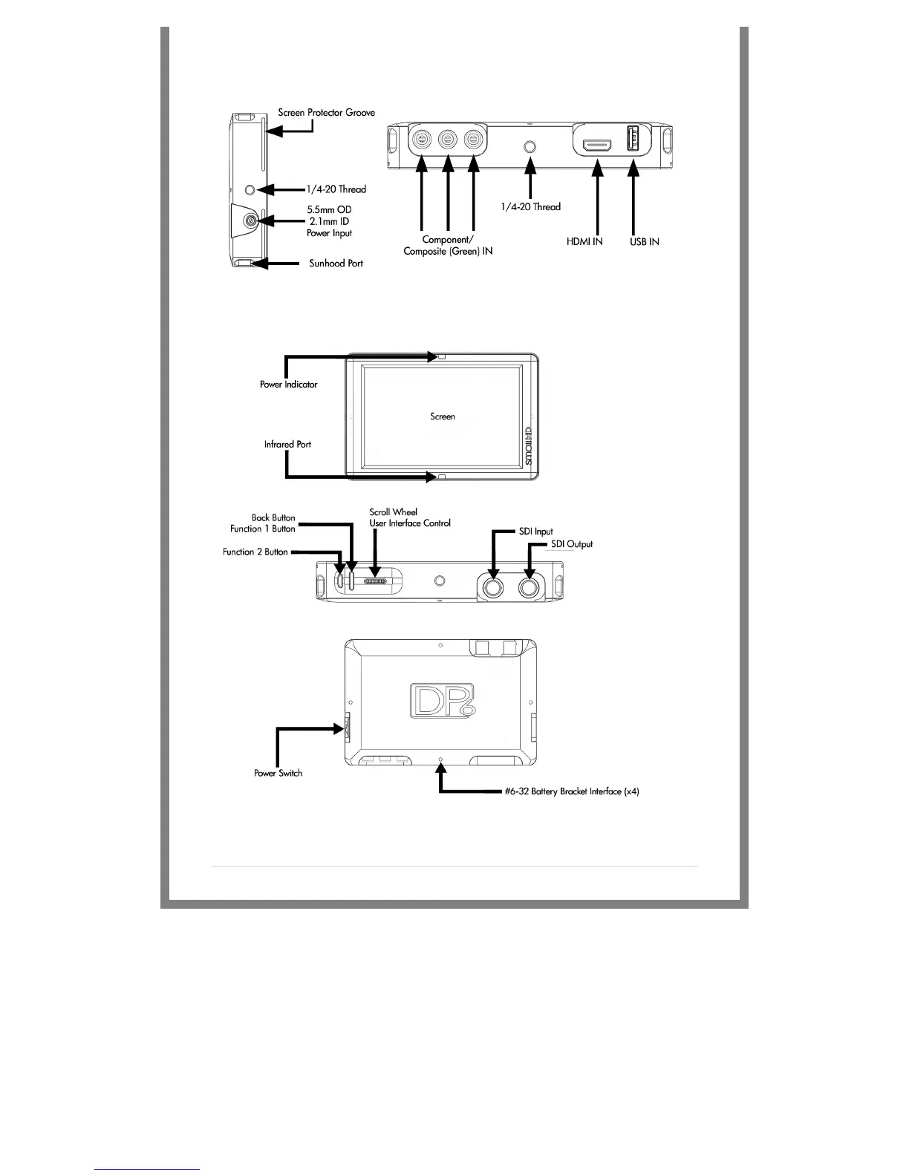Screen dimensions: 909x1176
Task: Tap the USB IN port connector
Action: pos(633,141)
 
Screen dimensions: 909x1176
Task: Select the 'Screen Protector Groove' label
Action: pos(326,113)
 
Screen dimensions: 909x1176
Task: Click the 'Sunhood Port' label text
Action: pos(336,264)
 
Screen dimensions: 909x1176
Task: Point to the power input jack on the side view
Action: pos(251,221)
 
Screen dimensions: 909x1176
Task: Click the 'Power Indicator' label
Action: pos(288,385)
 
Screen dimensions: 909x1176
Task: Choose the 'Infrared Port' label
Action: pos(287,445)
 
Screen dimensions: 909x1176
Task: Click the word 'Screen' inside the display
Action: pos(443,416)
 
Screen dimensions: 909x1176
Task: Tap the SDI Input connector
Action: pos(493,588)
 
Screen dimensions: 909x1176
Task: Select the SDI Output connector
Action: pos(530,588)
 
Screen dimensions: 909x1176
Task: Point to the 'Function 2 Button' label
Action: pos(255,552)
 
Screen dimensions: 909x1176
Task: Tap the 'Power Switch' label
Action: pos(278,773)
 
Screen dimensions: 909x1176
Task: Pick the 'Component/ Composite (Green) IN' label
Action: pos(448,246)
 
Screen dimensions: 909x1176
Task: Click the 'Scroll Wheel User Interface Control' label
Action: pos(410,517)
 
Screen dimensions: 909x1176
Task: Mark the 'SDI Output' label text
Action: pos(572,544)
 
